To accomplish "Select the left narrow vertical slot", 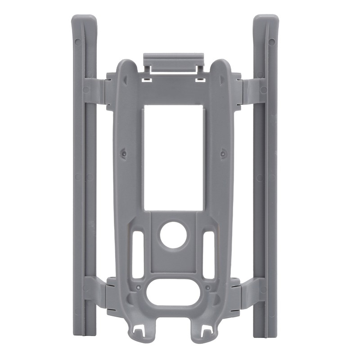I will click(139, 255).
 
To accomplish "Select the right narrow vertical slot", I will click(208, 255).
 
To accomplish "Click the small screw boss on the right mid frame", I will click(224, 153).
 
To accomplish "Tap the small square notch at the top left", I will click(145, 80).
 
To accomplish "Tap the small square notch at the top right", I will click(201, 80).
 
